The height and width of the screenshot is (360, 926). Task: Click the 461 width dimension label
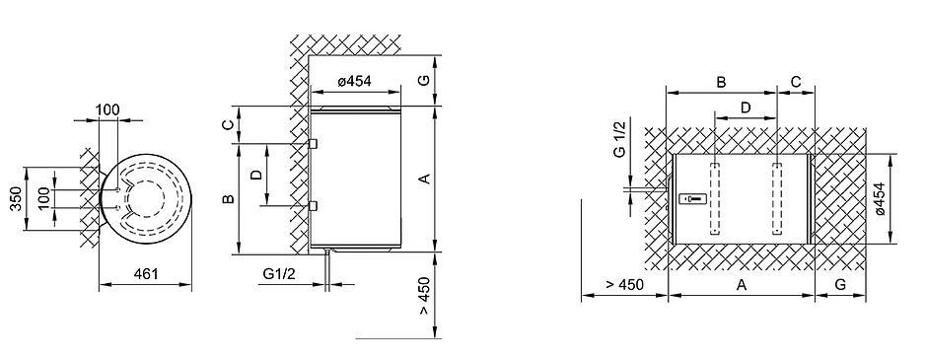(145, 273)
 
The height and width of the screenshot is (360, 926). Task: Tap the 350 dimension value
(16, 199)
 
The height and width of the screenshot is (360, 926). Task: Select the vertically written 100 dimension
(44, 199)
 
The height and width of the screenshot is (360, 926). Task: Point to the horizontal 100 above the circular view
(107, 109)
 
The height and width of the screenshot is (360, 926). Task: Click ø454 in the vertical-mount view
(354, 82)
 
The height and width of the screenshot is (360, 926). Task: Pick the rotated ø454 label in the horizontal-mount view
(880, 198)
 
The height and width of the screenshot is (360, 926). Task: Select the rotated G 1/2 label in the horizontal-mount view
(618, 139)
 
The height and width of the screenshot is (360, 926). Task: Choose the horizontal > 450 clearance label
(624, 285)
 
